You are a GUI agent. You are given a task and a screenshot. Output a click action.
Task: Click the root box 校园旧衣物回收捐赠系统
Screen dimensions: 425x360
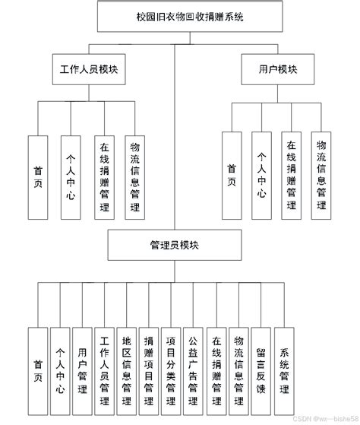tap(175, 15)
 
